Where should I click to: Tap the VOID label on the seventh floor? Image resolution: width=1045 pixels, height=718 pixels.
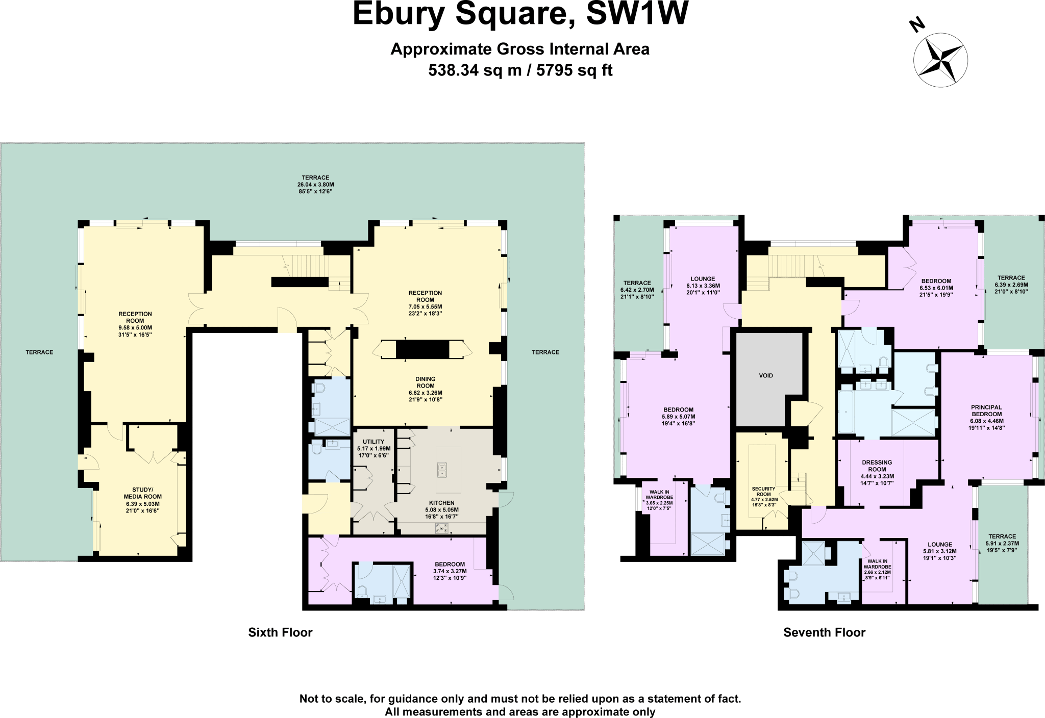766,375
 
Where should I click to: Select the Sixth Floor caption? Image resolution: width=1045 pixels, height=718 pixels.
280,632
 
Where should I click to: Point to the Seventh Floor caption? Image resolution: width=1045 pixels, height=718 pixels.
824,632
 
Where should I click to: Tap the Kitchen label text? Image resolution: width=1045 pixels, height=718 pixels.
441,503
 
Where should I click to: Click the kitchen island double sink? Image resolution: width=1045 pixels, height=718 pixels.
442,470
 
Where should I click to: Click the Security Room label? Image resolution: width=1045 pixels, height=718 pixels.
763,492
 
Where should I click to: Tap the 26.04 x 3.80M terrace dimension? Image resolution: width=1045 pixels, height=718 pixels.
315,185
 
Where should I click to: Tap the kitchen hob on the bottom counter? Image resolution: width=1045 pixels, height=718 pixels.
442,528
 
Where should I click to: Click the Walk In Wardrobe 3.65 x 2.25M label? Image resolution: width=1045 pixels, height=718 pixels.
659,500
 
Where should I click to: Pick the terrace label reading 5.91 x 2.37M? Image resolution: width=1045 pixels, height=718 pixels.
1002,544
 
